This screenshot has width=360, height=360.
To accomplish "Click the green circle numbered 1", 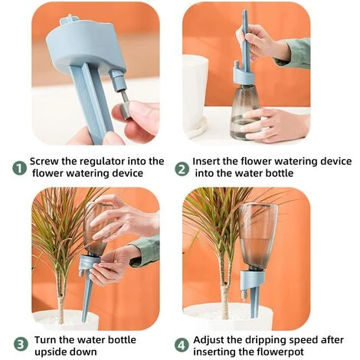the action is point(19,168).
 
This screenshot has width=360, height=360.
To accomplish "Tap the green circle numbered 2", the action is point(182,169).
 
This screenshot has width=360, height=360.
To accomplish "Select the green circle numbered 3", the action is point(21,344).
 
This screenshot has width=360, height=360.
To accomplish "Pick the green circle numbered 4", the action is point(182,345).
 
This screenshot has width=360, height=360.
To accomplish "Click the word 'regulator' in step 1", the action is point(100,162).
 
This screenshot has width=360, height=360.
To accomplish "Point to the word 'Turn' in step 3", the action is point(45,340).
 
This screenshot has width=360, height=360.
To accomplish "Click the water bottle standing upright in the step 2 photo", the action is point(244,113).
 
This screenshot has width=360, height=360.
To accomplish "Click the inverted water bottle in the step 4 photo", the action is point(258,236).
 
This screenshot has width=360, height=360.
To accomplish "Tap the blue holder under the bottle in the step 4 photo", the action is point(250,283).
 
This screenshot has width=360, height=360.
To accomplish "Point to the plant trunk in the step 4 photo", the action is point(225,301).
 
